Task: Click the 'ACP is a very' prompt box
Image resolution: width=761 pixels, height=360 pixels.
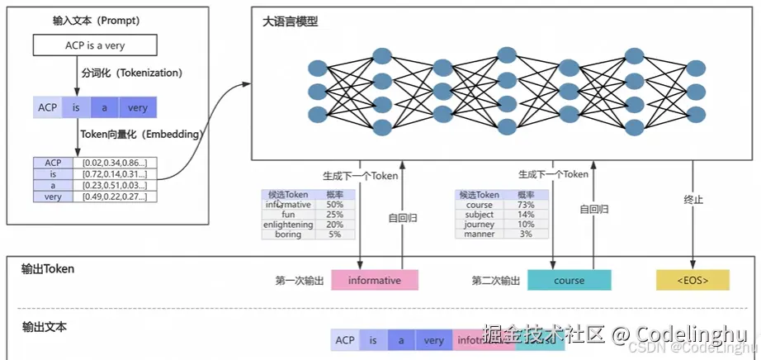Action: (x=95, y=46)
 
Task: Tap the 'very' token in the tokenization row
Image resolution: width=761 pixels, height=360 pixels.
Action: (x=138, y=108)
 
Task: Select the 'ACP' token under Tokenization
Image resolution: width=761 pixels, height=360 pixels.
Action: (x=46, y=108)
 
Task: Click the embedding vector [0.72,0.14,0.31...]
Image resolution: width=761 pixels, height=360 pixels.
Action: (x=115, y=174)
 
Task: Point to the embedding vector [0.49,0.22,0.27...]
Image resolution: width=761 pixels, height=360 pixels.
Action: (x=115, y=197)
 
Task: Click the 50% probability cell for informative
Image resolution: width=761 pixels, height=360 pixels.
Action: (x=335, y=204)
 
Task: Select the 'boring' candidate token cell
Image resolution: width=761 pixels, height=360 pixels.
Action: (x=288, y=234)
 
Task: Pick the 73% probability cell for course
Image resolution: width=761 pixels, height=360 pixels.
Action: (x=526, y=204)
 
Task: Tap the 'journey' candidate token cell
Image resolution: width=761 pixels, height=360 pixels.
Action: (x=480, y=225)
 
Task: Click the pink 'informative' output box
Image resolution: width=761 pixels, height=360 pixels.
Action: (x=375, y=281)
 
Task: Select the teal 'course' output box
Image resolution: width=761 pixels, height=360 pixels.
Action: (x=569, y=281)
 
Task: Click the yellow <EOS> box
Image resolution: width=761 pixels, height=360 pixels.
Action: (x=692, y=281)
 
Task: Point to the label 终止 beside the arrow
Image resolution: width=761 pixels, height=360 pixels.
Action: (x=693, y=200)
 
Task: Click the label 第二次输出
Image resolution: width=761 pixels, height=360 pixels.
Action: (x=495, y=282)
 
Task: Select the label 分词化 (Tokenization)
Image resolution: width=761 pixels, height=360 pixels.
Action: (x=130, y=73)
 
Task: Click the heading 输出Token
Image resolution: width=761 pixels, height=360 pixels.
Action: (x=48, y=268)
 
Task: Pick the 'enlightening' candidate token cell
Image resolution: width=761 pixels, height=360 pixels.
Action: (x=288, y=225)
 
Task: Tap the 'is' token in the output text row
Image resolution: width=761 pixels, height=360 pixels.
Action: (x=373, y=340)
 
